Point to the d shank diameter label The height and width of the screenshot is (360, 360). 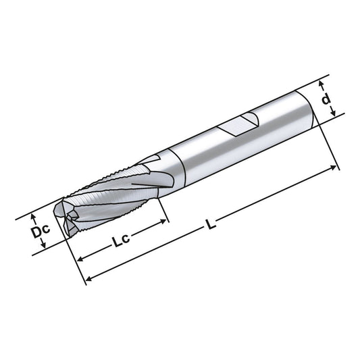point(327,100)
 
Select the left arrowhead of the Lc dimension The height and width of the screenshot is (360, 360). point(81,259)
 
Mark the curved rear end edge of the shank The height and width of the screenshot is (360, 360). point(312,108)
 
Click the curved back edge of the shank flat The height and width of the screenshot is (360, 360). point(254,121)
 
